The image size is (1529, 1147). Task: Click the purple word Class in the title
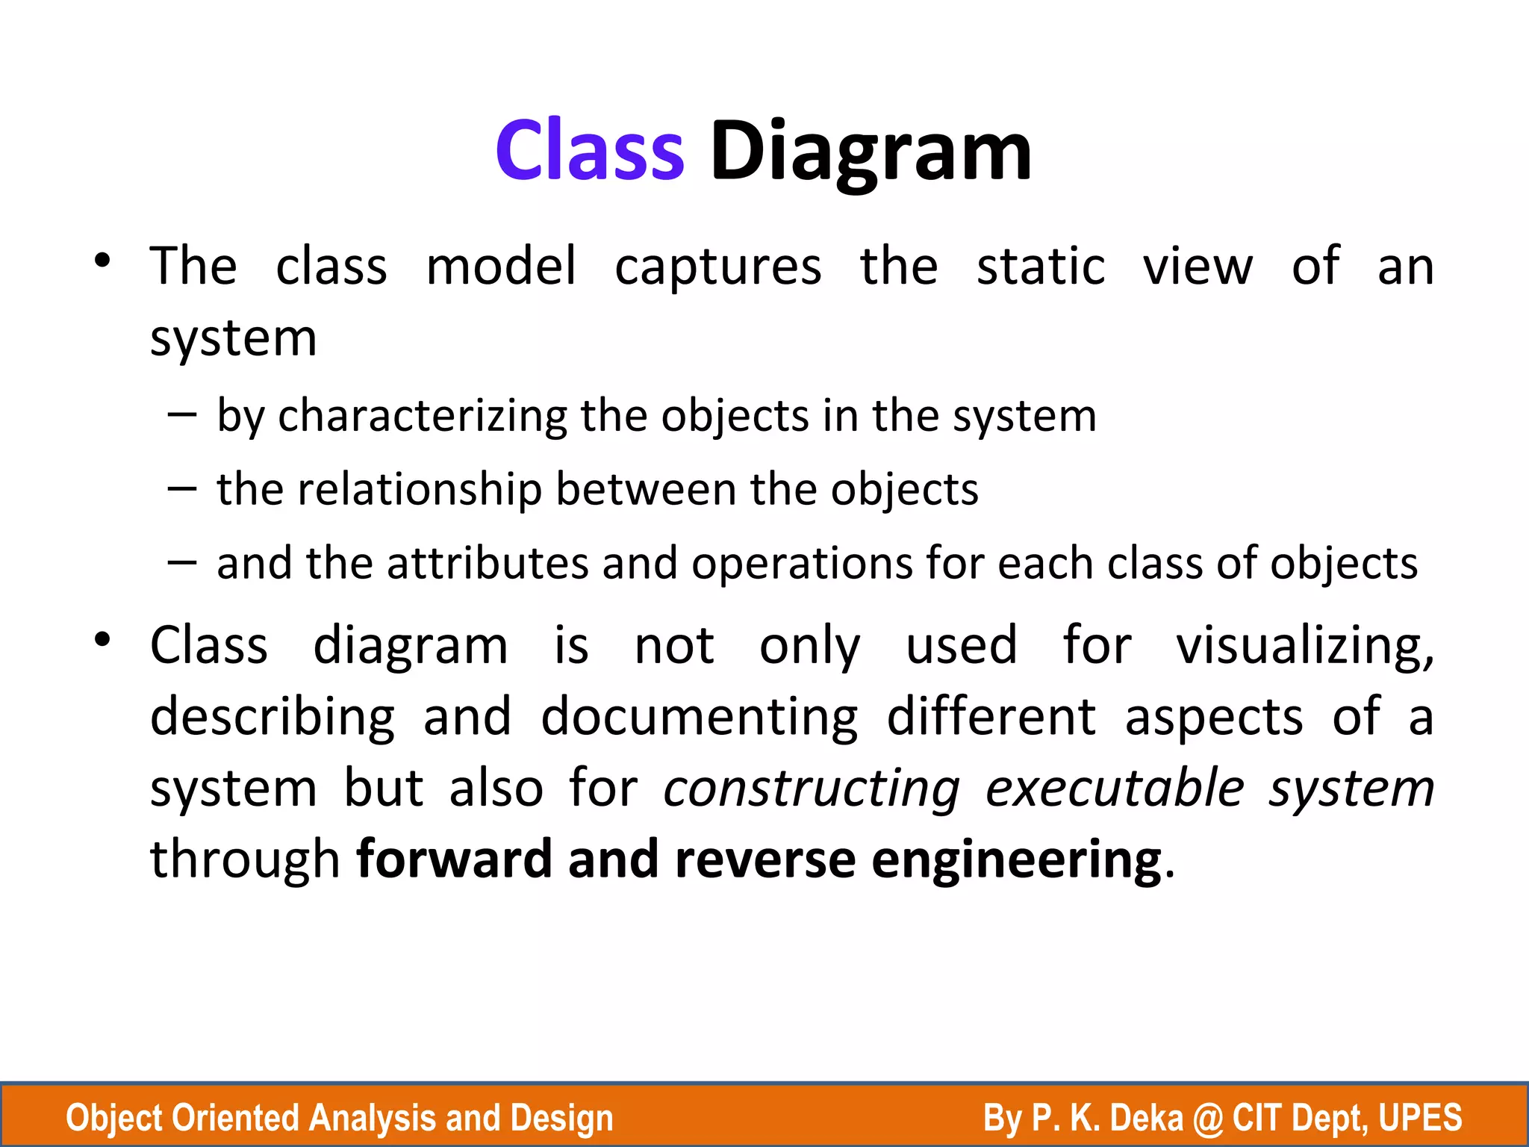coord(589,152)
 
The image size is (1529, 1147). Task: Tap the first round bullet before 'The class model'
coord(103,261)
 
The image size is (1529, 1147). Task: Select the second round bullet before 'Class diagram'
coord(103,640)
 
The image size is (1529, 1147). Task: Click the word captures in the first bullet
coord(717,267)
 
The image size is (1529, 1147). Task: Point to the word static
coord(1040,267)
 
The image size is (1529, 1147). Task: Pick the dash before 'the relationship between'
coord(182,489)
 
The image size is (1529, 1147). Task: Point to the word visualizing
coord(1304,646)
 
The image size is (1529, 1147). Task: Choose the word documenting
coord(700,718)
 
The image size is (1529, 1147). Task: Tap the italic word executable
coord(1115,789)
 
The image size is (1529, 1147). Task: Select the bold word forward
coord(455,860)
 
